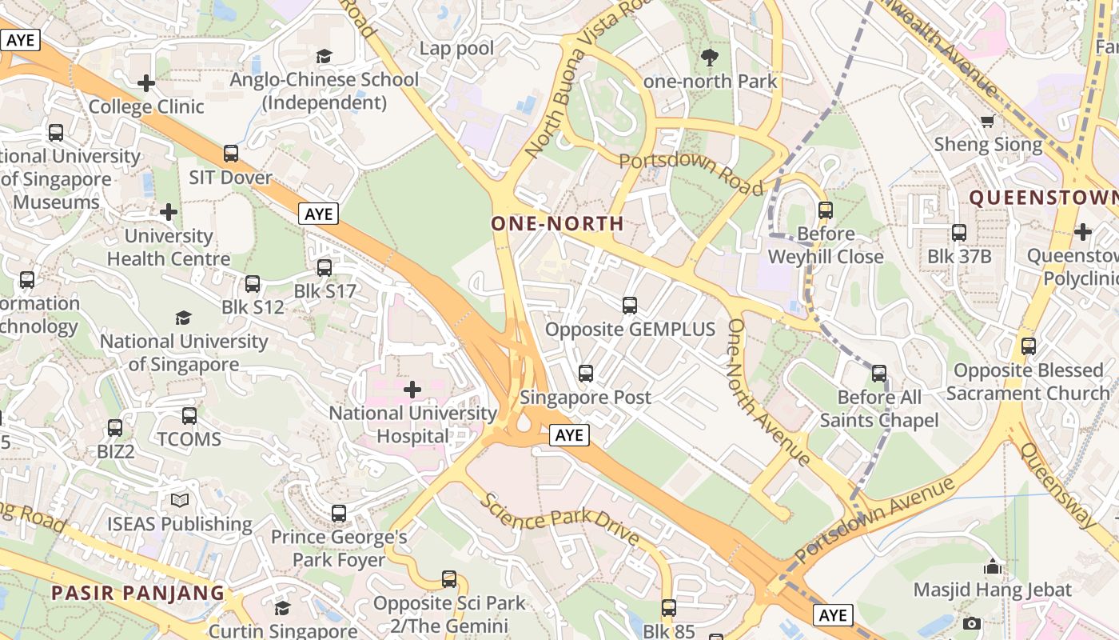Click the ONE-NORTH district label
pos(557,223)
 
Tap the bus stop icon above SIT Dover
pos(231,153)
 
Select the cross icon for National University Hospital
pos(412,390)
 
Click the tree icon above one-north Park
pos(709,57)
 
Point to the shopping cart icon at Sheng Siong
pos(988,121)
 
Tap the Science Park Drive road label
pos(559,519)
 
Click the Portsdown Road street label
pos(691,173)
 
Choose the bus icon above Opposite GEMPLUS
pos(630,305)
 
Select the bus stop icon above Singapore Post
pos(586,373)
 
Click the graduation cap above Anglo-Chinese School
pos(324,56)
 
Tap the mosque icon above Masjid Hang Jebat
pos(993,566)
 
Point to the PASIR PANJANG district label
pos(137,593)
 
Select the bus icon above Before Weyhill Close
pos(826,210)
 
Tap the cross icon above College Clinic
pos(146,82)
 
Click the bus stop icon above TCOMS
pos(189,415)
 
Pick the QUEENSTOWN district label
pos(1044,198)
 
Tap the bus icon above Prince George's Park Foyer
pos(339,513)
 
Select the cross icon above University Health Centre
pos(169,212)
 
